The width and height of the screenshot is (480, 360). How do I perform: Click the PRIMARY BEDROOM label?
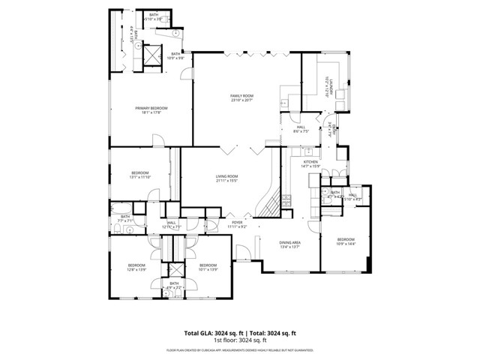pos(151,109)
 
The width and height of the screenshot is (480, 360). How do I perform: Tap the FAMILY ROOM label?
pos(241,96)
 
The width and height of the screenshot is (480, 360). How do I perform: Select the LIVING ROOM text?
pos(226,176)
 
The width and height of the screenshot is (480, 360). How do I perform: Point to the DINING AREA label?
pos(290,243)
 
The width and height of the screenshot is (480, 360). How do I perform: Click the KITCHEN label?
pos(310,162)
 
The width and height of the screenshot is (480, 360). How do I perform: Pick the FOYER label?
pos(237,223)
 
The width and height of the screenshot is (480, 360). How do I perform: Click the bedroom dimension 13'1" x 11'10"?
pos(141,178)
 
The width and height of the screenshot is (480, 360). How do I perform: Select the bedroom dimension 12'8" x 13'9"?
pos(136,268)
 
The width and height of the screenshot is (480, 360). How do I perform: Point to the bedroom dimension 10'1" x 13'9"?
pos(208,268)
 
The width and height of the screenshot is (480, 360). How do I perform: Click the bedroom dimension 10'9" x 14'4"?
pos(345,244)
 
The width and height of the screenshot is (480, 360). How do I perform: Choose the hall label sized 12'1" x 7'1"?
pos(172,225)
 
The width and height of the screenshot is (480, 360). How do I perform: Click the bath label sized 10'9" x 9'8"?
pos(176,57)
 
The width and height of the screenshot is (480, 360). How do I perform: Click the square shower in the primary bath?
pos(153,55)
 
